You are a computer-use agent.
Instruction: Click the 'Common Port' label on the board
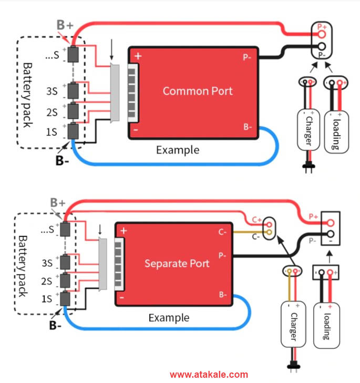tap(197, 91)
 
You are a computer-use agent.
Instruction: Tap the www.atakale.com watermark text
tap(209, 375)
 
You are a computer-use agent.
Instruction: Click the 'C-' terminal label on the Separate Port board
tap(223, 231)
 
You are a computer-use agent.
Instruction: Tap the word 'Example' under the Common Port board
tap(178, 150)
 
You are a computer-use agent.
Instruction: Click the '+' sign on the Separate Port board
tap(124, 230)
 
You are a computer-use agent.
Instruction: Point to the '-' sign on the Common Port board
tap(136, 129)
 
